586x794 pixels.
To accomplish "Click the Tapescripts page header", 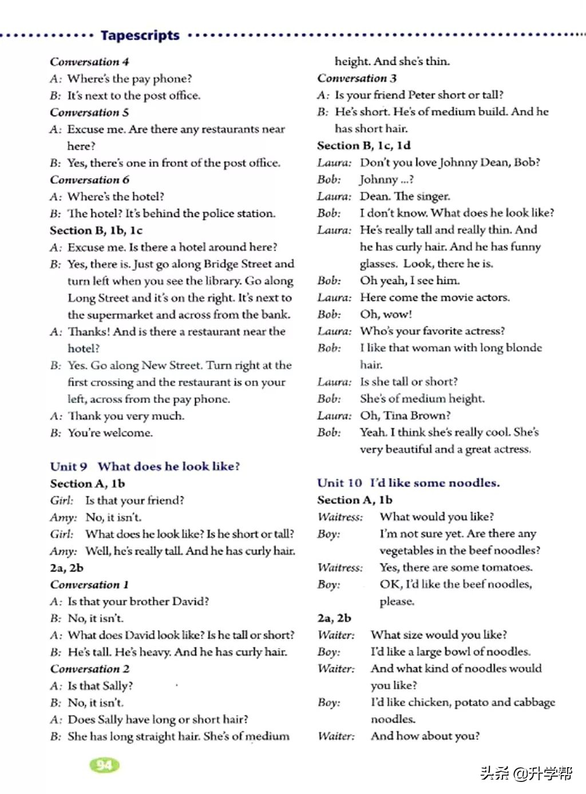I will click(x=140, y=35).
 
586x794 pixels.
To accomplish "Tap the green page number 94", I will click(x=104, y=765).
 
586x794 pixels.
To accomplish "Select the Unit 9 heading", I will click(x=145, y=467).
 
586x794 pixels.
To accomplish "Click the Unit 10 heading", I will click(x=408, y=483).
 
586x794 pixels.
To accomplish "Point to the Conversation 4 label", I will click(x=89, y=62).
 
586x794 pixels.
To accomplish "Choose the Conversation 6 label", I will click(x=89, y=180).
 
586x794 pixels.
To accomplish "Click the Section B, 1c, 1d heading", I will click(x=364, y=146).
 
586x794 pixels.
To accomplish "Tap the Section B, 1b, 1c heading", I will click(x=96, y=231).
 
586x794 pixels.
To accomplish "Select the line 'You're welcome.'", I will click(x=110, y=433).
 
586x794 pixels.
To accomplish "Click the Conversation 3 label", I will click(x=357, y=78).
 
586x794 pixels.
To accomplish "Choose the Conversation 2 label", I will click(x=89, y=669).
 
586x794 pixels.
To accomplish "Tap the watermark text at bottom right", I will click(x=526, y=773).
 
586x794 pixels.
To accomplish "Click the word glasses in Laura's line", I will click(x=378, y=264).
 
